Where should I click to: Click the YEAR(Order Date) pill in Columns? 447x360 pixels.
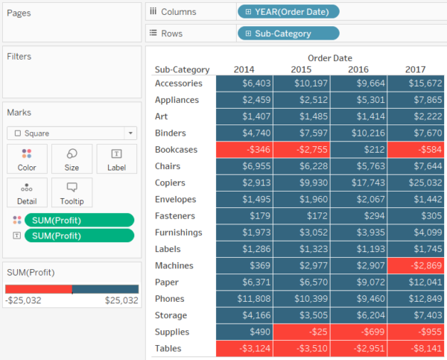tap(288, 11)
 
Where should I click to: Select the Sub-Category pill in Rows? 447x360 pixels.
tap(288, 34)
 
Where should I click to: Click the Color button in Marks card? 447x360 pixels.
tap(27, 159)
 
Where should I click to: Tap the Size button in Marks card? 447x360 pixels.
tap(72, 159)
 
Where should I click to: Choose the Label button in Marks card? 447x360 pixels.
tap(117, 159)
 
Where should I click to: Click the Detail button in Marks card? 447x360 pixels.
tap(27, 192)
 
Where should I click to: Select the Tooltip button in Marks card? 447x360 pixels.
tap(72, 192)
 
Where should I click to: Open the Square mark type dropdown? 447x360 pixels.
tap(72, 133)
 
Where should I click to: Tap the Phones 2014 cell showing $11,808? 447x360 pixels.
tap(245, 299)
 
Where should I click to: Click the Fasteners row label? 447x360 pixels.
tap(177, 216)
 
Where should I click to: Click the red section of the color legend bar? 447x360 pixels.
tap(39, 289)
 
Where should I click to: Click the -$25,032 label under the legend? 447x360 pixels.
tap(23, 301)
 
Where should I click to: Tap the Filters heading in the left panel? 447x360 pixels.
tap(19, 57)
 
